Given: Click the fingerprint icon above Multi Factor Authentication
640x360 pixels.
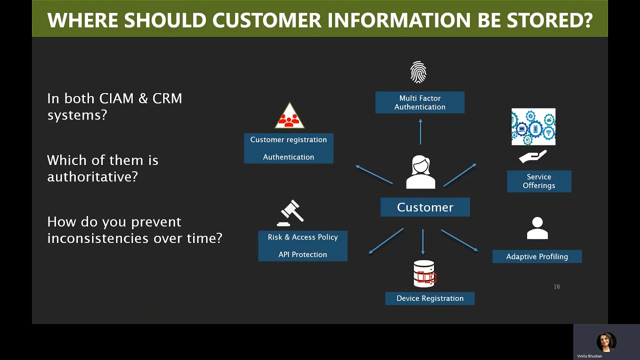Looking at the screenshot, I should pyautogui.click(x=418, y=72).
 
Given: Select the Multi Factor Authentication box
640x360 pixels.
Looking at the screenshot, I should pyautogui.click(x=419, y=102).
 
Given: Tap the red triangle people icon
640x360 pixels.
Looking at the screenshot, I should pyautogui.click(x=289, y=116).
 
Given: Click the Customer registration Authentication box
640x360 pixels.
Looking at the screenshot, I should pyautogui.click(x=288, y=148).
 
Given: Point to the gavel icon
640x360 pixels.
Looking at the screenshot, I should pyautogui.click(x=290, y=213).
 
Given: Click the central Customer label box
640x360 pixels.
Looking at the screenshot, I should pyautogui.click(x=425, y=207).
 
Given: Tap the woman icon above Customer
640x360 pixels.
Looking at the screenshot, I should pyautogui.click(x=420, y=172).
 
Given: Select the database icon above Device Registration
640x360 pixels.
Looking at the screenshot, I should pyautogui.click(x=424, y=273).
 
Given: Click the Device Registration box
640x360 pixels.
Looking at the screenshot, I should pyautogui.click(x=429, y=298).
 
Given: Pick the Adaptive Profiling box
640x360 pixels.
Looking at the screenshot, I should pyautogui.click(x=537, y=256).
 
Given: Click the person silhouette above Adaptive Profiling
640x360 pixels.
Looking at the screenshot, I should pyautogui.click(x=537, y=228).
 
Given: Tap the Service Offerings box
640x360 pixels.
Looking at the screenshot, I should pyautogui.click(x=538, y=181).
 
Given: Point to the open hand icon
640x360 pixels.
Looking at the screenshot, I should pyautogui.click(x=532, y=157).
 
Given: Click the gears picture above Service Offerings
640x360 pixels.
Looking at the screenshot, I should pyautogui.click(x=533, y=127).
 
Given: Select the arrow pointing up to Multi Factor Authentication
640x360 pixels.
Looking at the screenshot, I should pyautogui.click(x=420, y=131).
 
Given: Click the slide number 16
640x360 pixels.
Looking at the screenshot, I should pyautogui.click(x=556, y=286).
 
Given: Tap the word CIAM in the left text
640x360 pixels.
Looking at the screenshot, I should pyautogui.click(x=116, y=98).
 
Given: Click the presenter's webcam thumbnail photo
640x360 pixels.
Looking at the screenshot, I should pyautogui.click(x=606, y=342).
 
